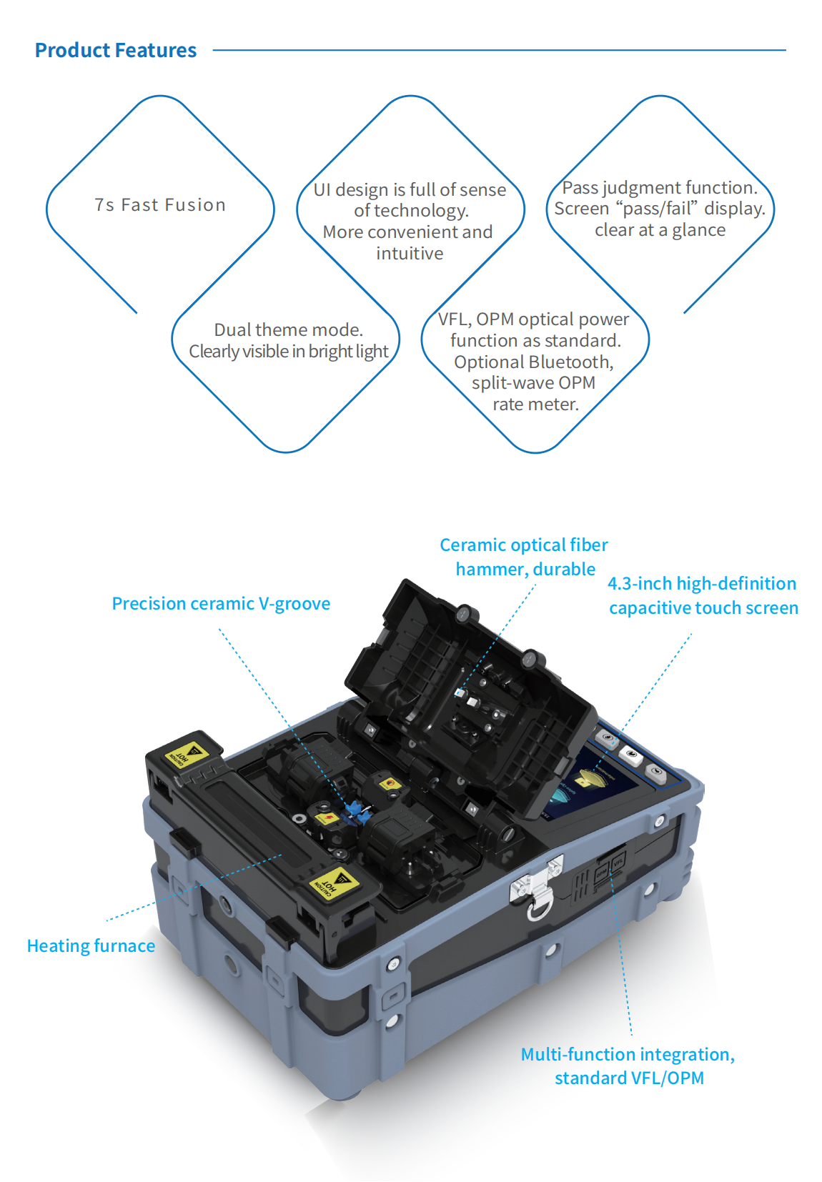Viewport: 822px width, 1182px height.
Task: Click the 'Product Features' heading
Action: [x=116, y=50]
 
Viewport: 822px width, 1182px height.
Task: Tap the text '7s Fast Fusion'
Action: [x=160, y=205]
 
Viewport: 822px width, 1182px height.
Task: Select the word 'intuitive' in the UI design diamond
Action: [x=410, y=253]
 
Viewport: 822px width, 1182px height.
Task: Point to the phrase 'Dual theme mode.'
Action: [x=289, y=329]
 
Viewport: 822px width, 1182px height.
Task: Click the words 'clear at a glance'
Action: [x=660, y=230]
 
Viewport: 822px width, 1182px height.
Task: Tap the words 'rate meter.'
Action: [x=535, y=404]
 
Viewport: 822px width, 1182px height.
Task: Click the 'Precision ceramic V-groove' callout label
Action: [x=221, y=604]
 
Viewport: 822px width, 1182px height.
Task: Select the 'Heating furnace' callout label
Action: [x=91, y=946]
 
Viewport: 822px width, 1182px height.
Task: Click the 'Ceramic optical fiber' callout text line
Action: [x=524, y=545]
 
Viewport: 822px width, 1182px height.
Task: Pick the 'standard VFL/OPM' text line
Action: [x=630, y=1078]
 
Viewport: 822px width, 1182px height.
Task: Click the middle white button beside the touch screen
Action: [x=631, y=754]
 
